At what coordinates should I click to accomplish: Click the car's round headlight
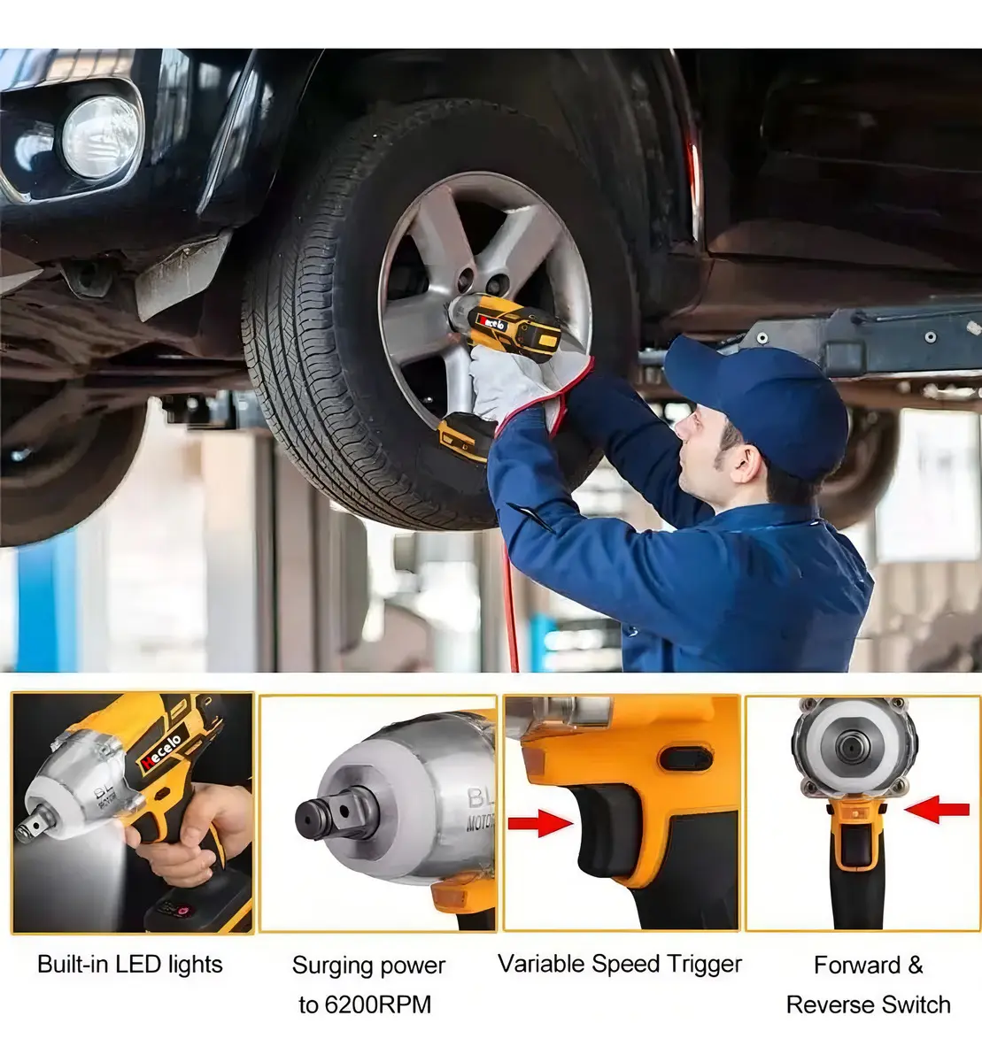coord(102,137)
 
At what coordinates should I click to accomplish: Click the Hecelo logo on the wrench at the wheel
coord(493,322)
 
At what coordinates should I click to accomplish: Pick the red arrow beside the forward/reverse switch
coord(937,810)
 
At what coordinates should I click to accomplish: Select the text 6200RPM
coord(378,1004)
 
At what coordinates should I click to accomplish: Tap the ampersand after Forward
coord(916,965)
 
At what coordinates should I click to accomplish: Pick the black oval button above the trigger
coord(685,758)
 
